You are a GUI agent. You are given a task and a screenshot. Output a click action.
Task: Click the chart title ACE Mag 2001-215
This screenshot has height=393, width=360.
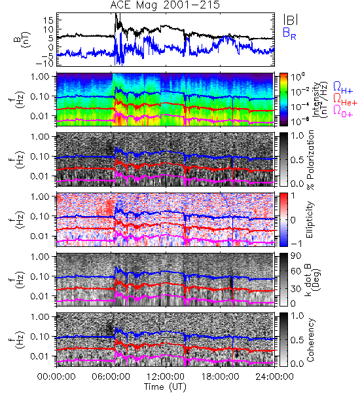tap(165, 5)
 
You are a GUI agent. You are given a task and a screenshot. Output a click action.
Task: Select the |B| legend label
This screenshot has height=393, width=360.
tap(291, 20)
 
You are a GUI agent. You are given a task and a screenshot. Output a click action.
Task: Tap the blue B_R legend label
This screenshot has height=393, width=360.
tap(289, 33)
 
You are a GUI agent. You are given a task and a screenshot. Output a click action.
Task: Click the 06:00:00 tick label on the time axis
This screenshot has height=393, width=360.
tap(111, 377)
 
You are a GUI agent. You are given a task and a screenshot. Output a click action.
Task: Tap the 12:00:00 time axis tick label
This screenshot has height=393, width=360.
tap(166, 377)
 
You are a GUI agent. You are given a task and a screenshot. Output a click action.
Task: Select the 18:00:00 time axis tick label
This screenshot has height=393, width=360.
tap(220, 377)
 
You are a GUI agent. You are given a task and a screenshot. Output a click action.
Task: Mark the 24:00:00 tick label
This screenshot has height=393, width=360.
tap(274, 377)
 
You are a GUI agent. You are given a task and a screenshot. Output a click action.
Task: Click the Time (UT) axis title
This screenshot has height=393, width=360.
tap(166, 387)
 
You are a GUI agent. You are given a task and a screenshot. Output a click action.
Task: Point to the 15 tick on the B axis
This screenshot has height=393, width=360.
tap(48, 20)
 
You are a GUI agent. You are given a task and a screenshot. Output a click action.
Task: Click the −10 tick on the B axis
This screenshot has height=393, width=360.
tap(45, 64)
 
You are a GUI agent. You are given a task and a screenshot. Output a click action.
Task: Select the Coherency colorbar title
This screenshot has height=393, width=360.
tap(310, 340)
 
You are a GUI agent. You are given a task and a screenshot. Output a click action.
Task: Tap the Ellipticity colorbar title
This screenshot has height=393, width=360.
tap(310, 219)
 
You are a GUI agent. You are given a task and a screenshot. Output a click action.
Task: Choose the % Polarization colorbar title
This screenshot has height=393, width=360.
tap(311, 160)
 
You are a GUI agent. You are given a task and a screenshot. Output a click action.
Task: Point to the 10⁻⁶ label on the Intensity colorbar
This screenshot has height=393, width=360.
tap(298, 122)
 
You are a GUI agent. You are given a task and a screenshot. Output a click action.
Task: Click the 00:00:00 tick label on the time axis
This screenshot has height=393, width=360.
tap(56, 377)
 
